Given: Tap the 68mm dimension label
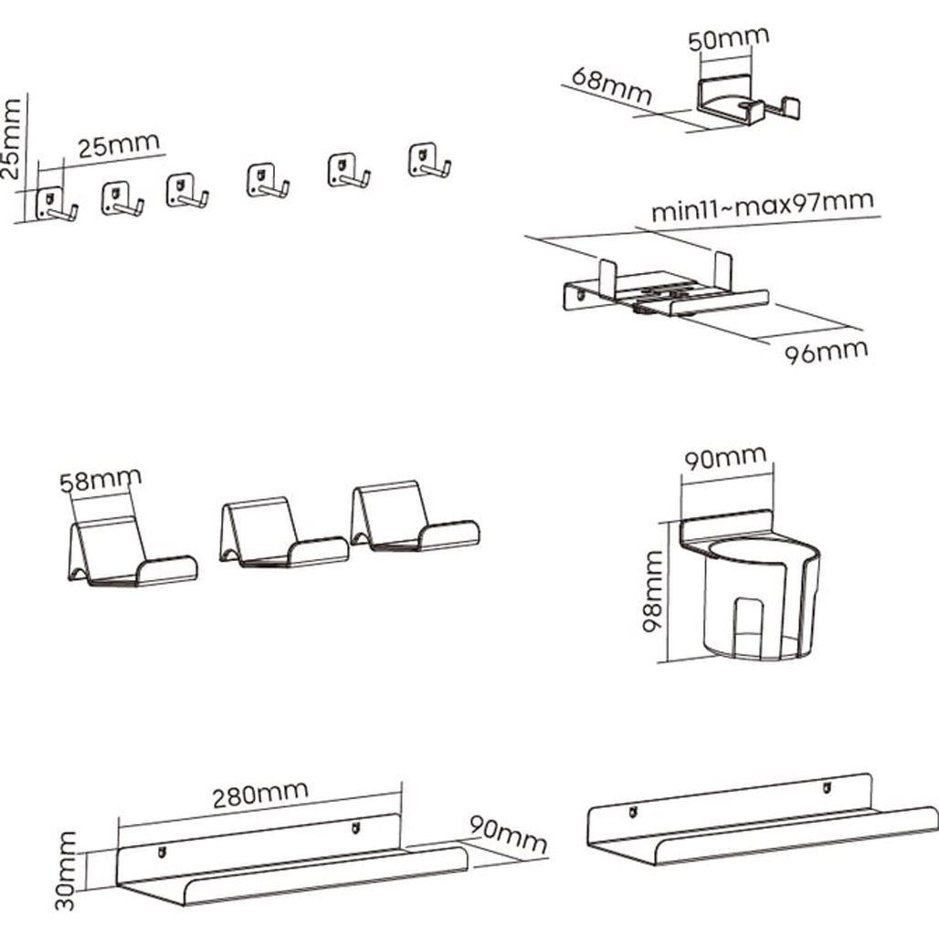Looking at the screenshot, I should click(x=611, y=86).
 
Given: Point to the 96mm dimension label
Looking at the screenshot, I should click(x=827, y=350).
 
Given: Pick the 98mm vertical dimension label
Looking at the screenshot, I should click(x=649, y=604).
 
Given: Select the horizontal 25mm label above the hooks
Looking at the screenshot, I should click(x=119, y=145).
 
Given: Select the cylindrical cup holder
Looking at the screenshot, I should click(x=751, y=589).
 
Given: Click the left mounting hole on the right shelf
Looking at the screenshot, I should click(x=631, y=810).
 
